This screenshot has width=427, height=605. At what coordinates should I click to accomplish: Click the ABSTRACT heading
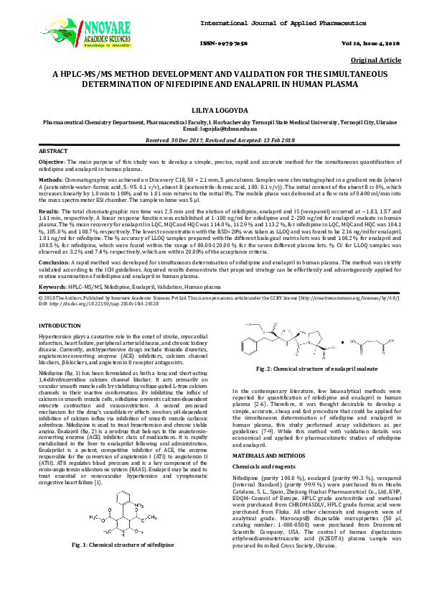[53, 152]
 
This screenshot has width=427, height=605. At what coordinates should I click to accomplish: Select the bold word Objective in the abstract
[52, 164]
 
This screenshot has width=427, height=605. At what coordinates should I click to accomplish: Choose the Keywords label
[53, 287]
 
